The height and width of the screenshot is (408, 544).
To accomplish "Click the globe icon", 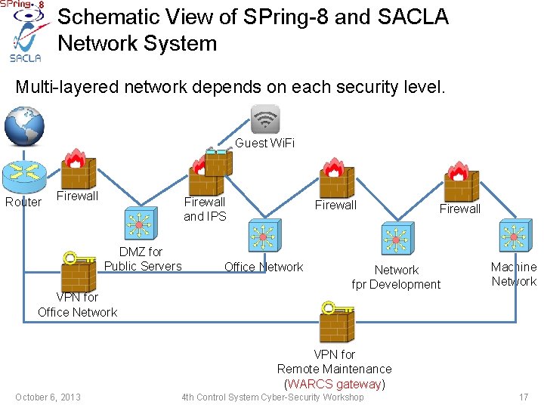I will tap(24, 125).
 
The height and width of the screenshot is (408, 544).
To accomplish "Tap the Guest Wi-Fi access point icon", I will tap(264, 119).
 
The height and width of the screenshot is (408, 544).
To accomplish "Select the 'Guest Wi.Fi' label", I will tap(265, 143).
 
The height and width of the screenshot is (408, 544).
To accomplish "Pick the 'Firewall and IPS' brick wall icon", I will tap(206, 175).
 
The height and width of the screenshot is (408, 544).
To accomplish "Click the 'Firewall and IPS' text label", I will tap(205, 209).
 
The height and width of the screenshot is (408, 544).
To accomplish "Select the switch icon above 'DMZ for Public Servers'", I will tap(140, 225).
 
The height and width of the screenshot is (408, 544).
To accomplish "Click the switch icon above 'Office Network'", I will tap(264, 235).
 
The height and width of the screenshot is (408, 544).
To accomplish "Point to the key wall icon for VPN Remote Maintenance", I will tap(336, 323).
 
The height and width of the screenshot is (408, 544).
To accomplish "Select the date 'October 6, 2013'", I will tap(48, 397).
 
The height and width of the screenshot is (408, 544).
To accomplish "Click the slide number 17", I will tap(523, 397).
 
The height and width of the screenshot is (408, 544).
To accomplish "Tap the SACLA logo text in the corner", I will tap(25, 57).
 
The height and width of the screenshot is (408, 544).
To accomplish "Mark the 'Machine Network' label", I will tap(513, 274).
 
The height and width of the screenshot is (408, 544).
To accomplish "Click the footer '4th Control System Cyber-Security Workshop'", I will tap(272, 397).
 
